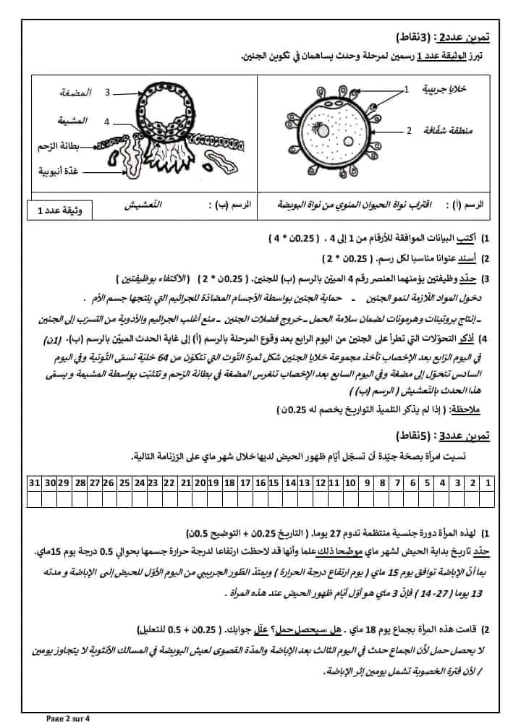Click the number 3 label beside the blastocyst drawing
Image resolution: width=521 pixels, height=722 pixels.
tap(106, 93)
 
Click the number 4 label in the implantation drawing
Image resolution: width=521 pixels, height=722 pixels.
tap(106, 122)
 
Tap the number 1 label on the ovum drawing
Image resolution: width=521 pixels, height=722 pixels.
tap(406, 89)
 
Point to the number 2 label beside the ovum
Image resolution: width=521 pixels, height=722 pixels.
tap(409, 130)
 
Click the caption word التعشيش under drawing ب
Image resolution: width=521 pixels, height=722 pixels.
tap(149, 205)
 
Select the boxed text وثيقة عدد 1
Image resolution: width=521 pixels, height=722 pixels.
tap(59, 211)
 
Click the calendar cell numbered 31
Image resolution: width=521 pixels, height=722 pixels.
tap(33, 482)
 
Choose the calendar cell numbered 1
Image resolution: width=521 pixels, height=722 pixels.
tap(489, 482)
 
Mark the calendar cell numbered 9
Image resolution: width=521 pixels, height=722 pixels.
tap(367, 482)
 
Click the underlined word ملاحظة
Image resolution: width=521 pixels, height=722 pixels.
tap(462, 409)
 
